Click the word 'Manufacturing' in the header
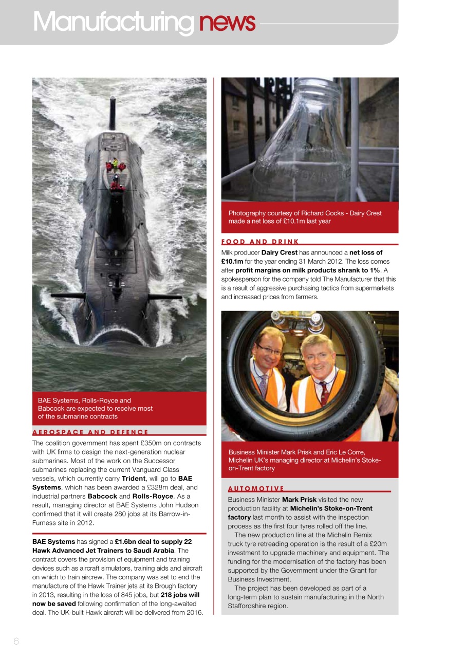pos(113,22)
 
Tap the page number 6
pos(16,641)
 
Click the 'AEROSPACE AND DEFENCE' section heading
pos(90,432)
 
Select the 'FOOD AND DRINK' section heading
pos(260,242)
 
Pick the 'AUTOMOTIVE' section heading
pos(256,488)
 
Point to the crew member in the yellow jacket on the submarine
pos(116,163)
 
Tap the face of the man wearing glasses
pos(269,352)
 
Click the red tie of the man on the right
pos(324,393)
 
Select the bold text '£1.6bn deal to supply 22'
pos(153,542)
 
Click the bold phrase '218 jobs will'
pos(180,595)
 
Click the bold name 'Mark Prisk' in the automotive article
pos(299,499)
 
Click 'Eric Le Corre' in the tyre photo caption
pos(344,452)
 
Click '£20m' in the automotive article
pos(378,543)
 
